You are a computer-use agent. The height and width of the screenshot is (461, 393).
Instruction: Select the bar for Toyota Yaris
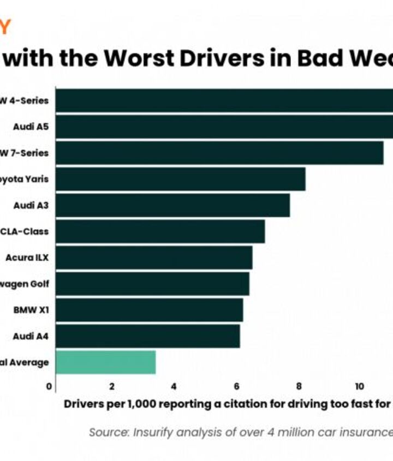tap(180, 179)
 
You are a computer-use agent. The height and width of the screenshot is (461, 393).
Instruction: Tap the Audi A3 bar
tap(172, 205)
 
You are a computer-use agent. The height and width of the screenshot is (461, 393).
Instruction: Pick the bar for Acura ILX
tap(154, 258)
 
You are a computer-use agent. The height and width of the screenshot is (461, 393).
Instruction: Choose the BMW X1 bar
tap(149, 310)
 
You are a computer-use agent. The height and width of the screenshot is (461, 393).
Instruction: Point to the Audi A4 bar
tap(147, 336)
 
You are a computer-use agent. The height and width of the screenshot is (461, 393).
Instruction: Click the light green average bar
tap(105, 362)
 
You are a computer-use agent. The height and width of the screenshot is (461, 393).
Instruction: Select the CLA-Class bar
tap(160, 231)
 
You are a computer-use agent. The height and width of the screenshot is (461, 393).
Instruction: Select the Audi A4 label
tap(31, 336)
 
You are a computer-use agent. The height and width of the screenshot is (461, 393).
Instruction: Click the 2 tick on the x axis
tap(112, 386)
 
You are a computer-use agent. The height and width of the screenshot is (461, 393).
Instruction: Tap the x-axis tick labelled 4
tap(174, 386)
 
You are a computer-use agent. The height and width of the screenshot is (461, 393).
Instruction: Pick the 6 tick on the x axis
tap(236, 386)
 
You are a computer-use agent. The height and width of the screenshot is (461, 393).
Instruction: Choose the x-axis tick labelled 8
tap(299, 386)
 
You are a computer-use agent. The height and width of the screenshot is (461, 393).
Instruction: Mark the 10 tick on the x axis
tap(360, 386)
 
